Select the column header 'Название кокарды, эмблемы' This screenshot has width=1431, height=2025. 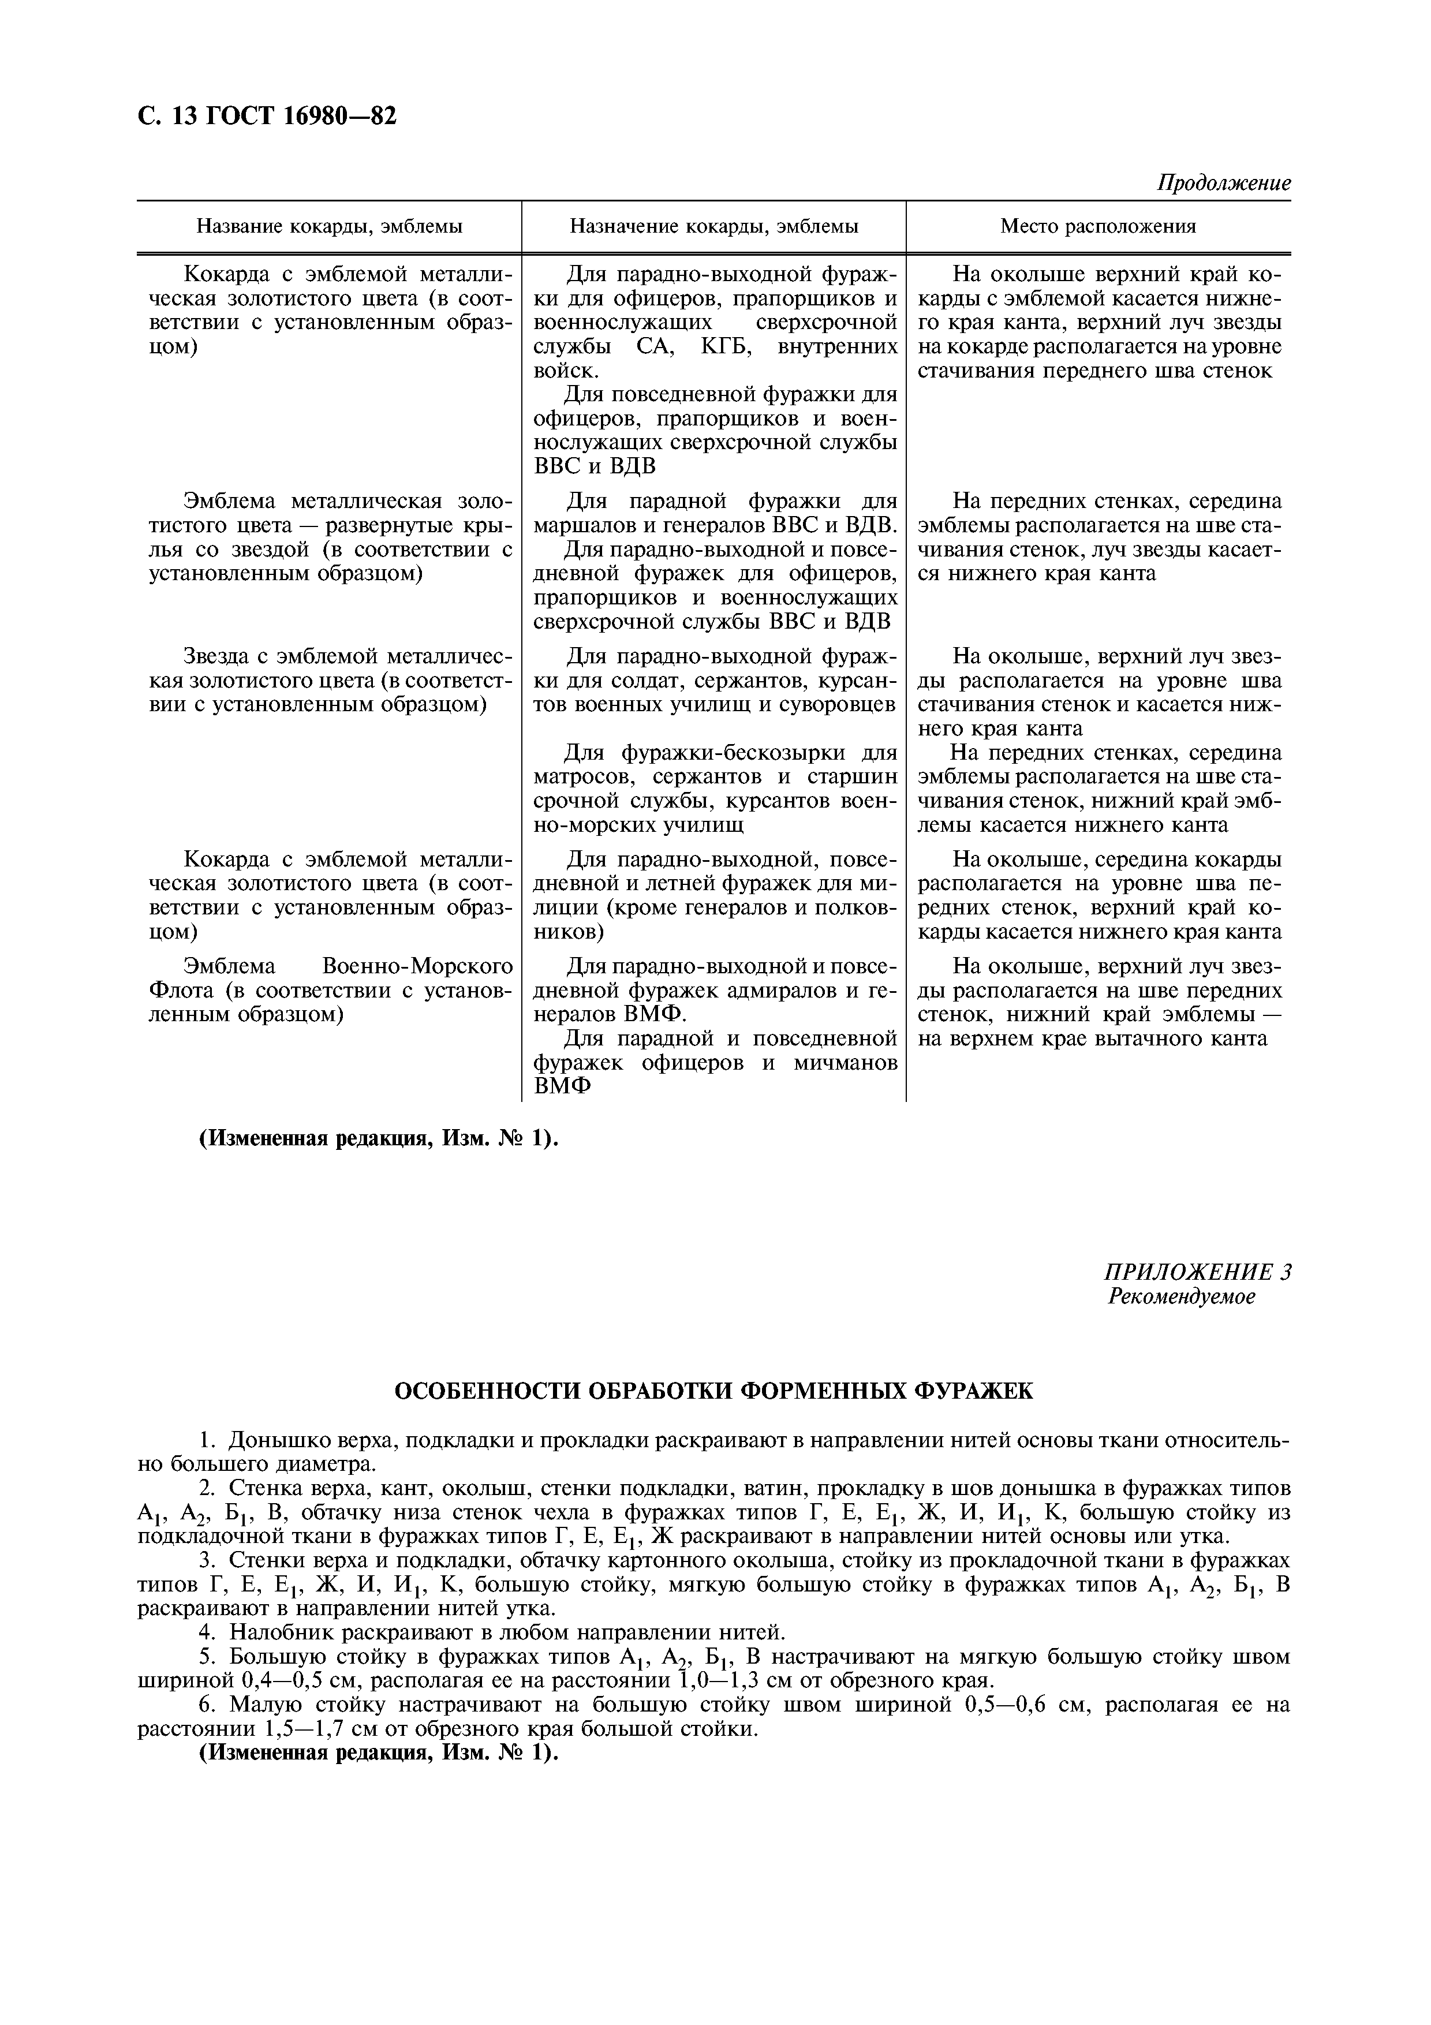pyautogui.click(x=329, y=227)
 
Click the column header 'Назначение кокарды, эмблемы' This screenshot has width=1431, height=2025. pyautogui.click(x=713, y=227)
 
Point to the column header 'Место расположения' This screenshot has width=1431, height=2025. pyautogui.click(x=1098, y=227)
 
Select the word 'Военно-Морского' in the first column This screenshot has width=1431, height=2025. pyautogui.click(x=418, y=966)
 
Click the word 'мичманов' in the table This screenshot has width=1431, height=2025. pyautogui.click(x=846, y=1063)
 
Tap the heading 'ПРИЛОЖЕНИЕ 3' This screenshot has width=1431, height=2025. pyautogui.click(x=1197, y=1272)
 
